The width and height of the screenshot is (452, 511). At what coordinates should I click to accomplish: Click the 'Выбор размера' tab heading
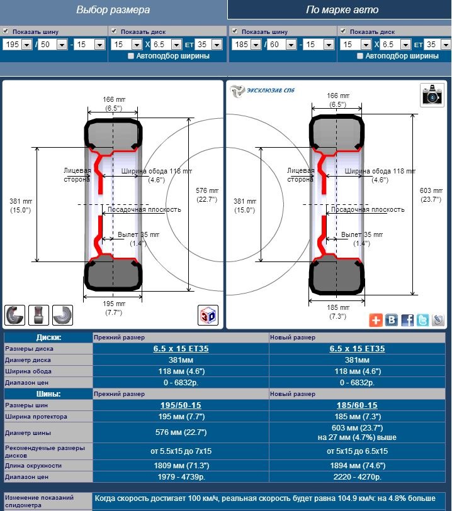(x=113, y=10)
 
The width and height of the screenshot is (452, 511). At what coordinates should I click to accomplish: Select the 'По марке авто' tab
(x=342, y=10)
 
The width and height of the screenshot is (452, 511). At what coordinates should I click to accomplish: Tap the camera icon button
(x=432, y=95)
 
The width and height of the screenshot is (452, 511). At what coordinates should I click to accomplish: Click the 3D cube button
(x=208, y=315)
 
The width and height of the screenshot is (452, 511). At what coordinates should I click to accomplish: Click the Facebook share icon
(x=407, y=320)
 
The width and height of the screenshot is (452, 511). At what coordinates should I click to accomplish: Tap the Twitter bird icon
(x=422, y=320)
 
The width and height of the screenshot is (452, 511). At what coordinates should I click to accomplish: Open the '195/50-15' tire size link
(x=181, y=405)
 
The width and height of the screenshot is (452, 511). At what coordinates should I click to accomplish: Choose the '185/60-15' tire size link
(x=357, y=405)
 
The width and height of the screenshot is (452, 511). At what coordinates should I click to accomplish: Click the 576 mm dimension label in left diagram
(x=207, y=195)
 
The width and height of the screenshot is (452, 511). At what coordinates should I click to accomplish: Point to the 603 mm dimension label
(x=431, y=195)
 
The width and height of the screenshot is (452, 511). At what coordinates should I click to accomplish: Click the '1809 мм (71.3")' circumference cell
(x=181, y=465)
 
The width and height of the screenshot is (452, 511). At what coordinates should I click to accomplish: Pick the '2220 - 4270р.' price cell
(x=357, y=477)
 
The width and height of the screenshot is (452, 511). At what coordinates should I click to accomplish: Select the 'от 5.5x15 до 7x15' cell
(x=181, y=451)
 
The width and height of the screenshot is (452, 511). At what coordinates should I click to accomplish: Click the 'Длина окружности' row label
(x=33, y=465)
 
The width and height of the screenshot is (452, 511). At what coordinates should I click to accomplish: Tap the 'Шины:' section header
(x=48, y=393)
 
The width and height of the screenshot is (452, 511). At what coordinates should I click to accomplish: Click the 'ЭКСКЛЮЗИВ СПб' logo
(x=262, y=91)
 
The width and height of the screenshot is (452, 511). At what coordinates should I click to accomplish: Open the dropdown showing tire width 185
(x=246, y=45)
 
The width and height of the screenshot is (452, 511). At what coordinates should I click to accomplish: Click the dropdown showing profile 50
(x=52, y=45)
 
